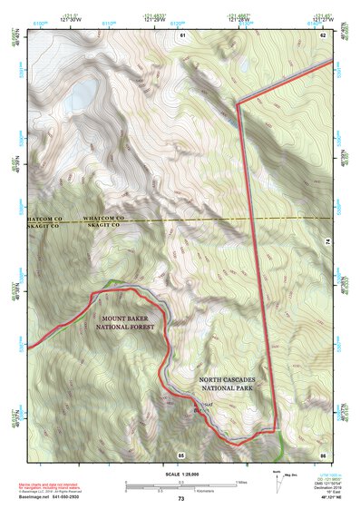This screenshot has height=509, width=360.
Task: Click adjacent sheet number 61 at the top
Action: click(182, 34)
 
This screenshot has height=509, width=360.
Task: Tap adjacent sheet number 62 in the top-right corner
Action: click(322, 34)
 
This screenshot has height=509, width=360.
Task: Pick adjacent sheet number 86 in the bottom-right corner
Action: click(322, 454)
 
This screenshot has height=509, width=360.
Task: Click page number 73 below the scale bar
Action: click(180, 499)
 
